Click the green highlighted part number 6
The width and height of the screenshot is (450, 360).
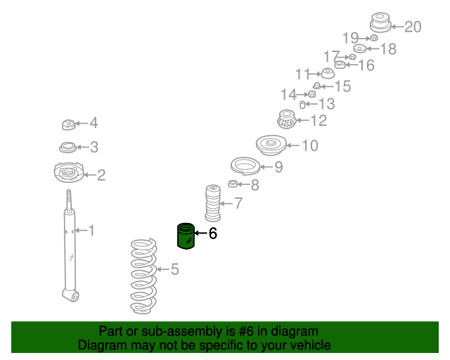(x=186, y=236)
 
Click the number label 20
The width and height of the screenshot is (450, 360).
(x=413, y=27)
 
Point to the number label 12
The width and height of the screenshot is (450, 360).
(x=318, y=121)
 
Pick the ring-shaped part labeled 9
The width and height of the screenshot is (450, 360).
(x=245, y=167)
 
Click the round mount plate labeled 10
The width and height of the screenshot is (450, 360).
(x=269, y=146)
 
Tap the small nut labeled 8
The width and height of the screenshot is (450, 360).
(x=233, y=184)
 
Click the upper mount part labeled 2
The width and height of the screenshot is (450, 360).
(x=69, y=172)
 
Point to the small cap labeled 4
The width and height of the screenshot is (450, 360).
(x=68, y=124)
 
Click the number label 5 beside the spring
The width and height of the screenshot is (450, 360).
(x=174, y=269)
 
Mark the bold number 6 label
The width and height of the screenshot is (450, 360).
(x=213, y=233)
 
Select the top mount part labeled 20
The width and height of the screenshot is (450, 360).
(x=380, y=23)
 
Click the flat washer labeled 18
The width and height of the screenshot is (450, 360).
(x=359, y=49)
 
